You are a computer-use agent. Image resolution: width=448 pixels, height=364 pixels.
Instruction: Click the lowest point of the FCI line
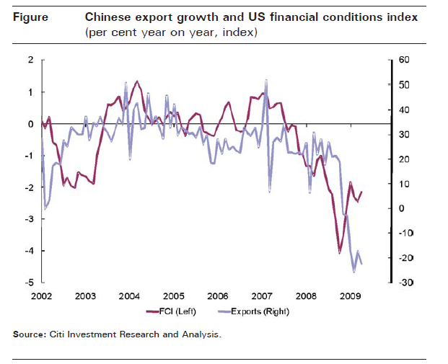[x=340, y=252]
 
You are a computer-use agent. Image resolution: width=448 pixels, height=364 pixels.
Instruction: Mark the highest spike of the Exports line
[x=267, y=80]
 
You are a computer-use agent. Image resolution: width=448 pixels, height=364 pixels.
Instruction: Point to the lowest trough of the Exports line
[x=353, y=272]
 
